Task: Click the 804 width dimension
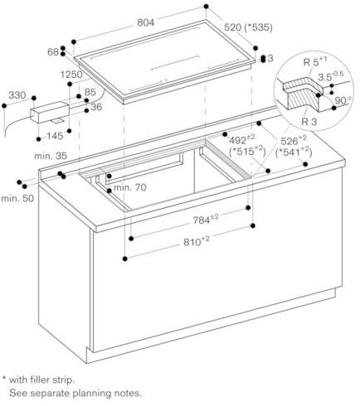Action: pyautogui.click(x=145, y=22)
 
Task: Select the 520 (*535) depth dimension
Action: pyautogui.click(x=248, y=27)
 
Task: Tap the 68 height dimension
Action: pyautogui.click(x=53, y=51)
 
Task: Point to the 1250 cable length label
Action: pyautogui.click(x=71, y=75)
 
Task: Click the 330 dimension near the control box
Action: pyautogui.click(x=17, y=95)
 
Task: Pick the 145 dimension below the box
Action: pyautogui.click(x=55, y=136)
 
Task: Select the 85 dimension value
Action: pyautogui.click(x=90, y=92)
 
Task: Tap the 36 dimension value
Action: pyautogui.click(x=96, y=107)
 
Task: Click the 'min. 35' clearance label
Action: pyautogui.click(x=51, y=156)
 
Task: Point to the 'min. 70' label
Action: pyautogui.click(x=130, y=187)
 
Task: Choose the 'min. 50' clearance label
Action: pyautogui.click(x=17, y=198)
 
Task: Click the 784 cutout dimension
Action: pyautogui.click(x=206, y=219)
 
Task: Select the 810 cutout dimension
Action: pyautogui.click(x=197, y=241)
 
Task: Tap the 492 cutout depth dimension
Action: pyautogui.click(x=242, y=139)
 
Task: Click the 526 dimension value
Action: pyautogui.click(x=294, y=140)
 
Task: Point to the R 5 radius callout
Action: pyautogui.click(x=314, y=61)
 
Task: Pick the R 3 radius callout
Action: pyautogui.click(x=309, y=121)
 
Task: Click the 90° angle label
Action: pyautogui.click(x=343, y=100)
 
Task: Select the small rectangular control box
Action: pyautogui.click(x=50, y=112)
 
